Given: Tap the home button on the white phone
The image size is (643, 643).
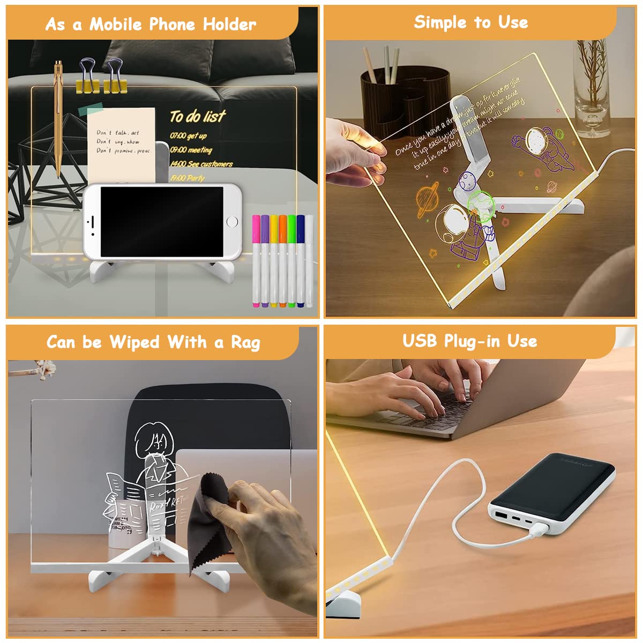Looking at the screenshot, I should click(x=232, y=221).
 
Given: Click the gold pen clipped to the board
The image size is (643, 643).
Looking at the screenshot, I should click(x=58, y=118).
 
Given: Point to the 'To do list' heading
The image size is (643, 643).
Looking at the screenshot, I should click(x=198, y=116).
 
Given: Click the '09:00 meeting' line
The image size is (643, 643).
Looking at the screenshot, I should click(x=191, y=150).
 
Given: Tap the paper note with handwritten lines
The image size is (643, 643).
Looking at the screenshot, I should click(x=122, y=142).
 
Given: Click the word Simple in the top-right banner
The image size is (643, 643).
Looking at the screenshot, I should click(x=439, y=22).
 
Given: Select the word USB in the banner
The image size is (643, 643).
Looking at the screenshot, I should click(x=420, y=341).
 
